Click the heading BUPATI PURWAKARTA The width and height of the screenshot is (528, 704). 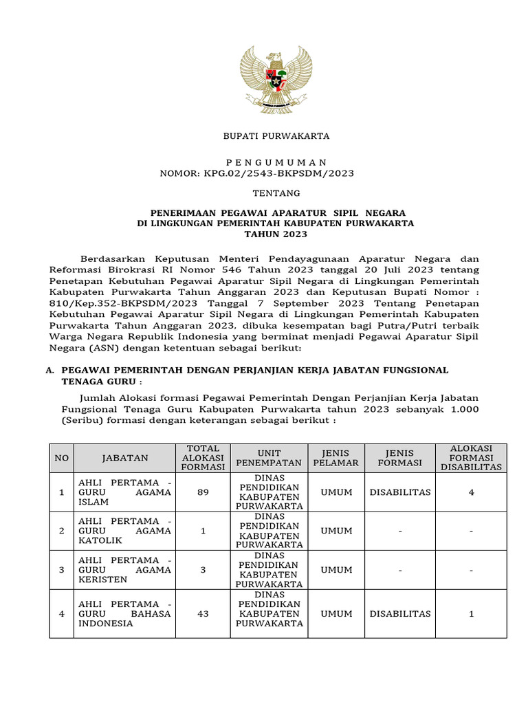click(x=276, y=136)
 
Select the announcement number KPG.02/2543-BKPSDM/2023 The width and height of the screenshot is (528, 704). click(x=278, y=173)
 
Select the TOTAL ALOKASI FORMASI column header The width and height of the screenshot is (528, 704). click(x=203, y=458)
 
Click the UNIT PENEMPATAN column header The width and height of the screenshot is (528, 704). click(x=269, y=458)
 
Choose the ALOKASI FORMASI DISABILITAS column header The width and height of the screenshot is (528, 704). click(x=472, y=458)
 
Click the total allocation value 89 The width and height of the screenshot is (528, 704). click(x=203, y=492)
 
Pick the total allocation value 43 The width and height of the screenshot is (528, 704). click(x=203, y=614)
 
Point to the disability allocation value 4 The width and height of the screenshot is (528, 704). click(x=472, y=492)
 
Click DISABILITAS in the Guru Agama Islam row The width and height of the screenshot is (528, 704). click(x=400, y=492)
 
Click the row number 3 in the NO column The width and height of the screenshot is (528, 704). click(x=62, y=570)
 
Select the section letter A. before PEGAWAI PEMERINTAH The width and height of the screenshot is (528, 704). click(x=49, y=370)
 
